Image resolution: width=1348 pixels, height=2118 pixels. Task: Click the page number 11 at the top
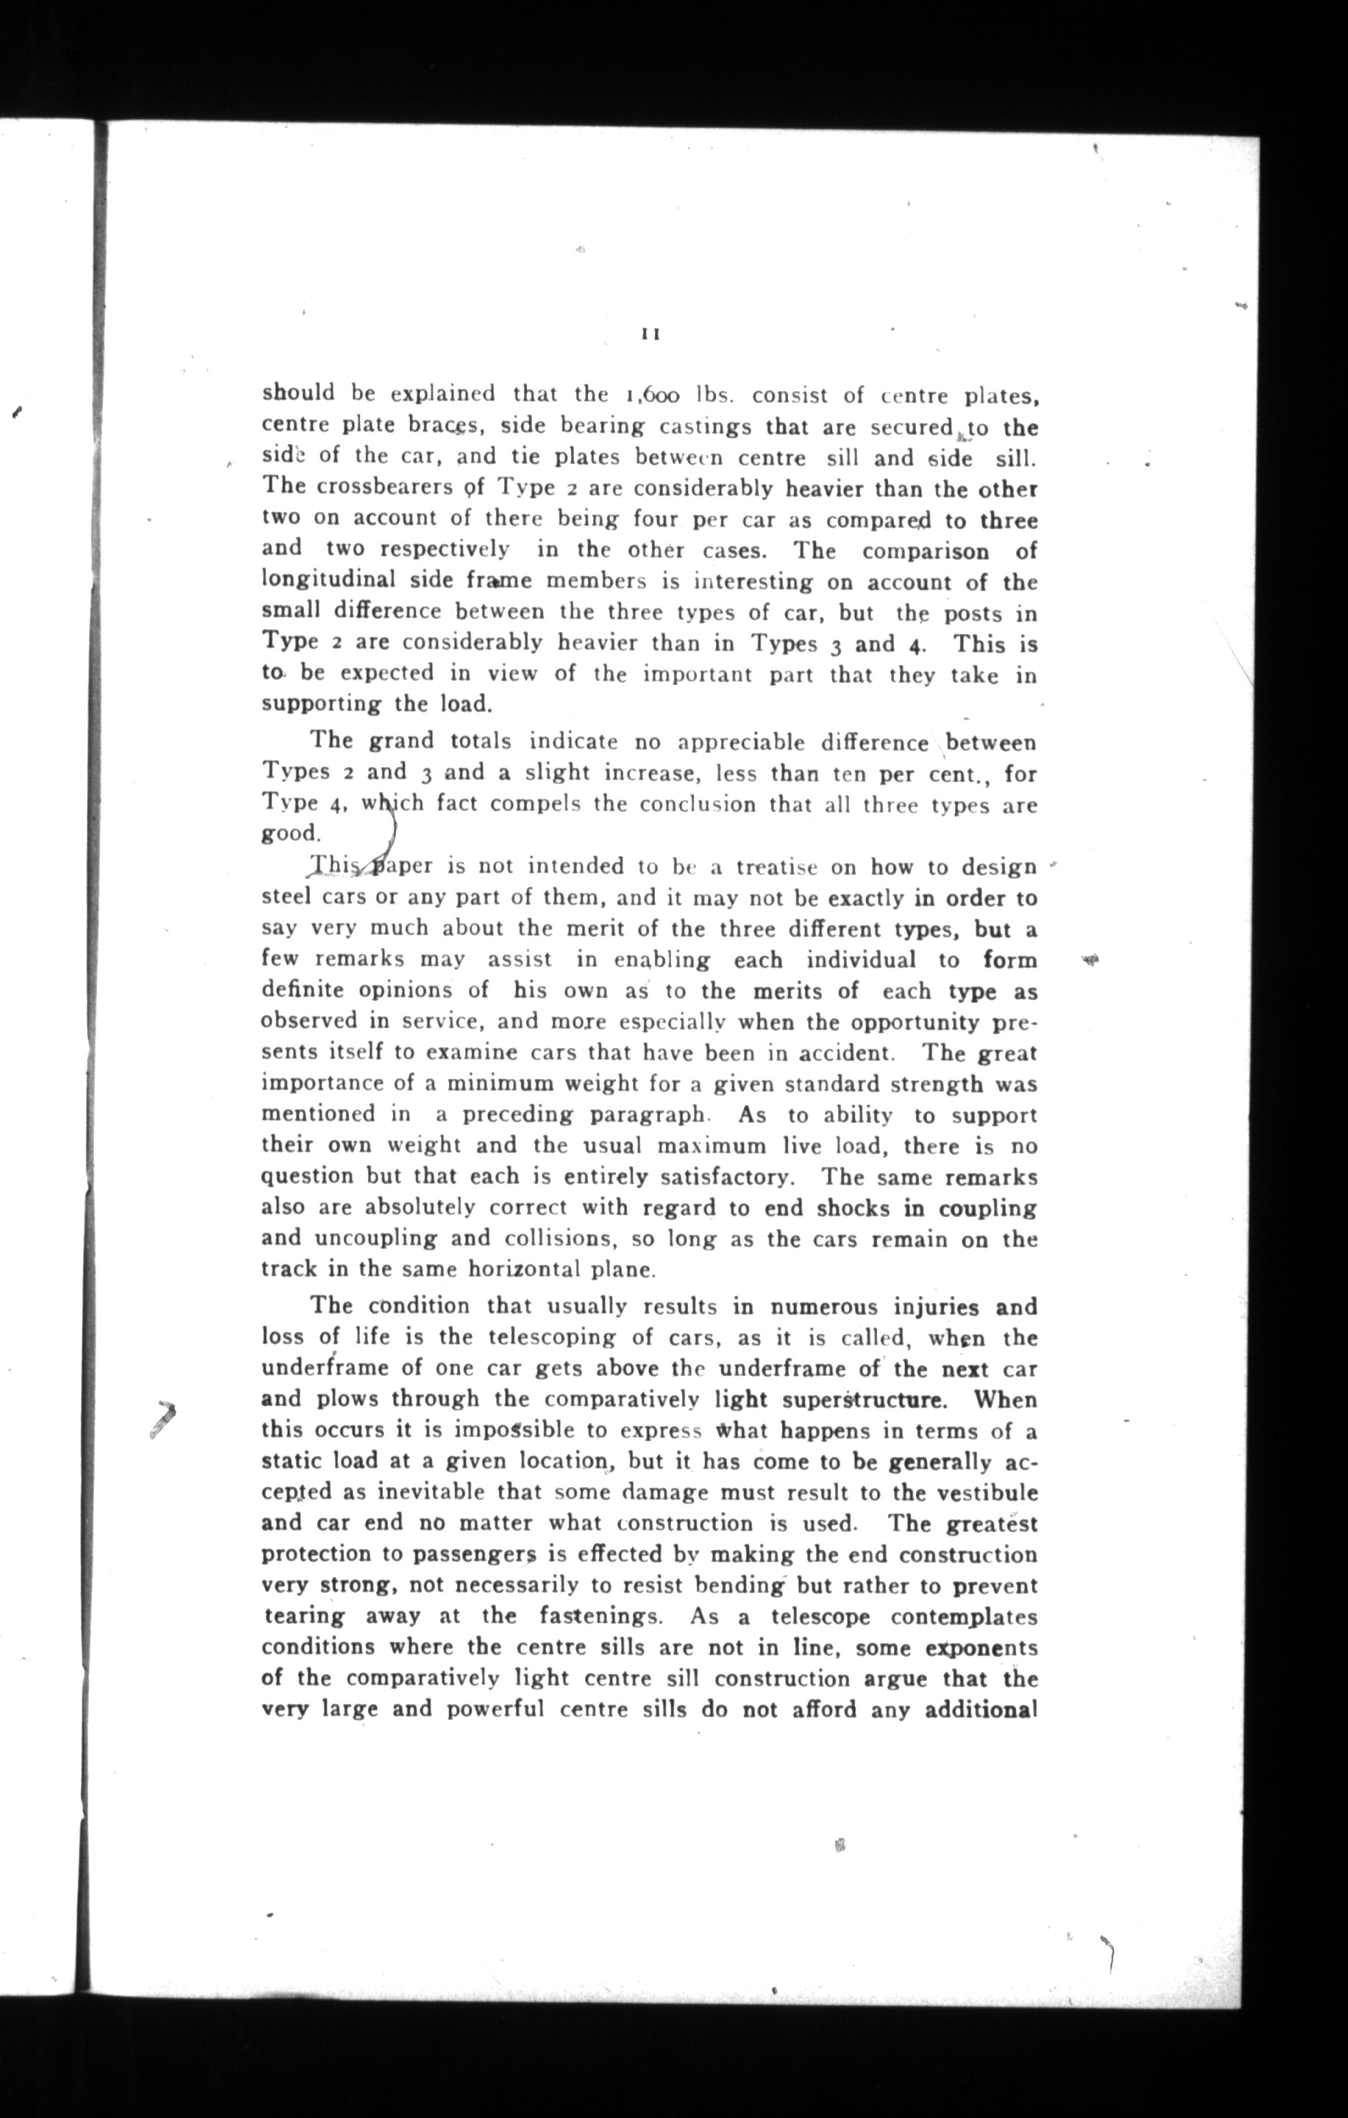tap(651, 334)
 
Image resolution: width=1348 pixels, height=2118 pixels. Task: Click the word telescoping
tap(552, 1338)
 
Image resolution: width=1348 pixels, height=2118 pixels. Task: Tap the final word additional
tap(979, 1710)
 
